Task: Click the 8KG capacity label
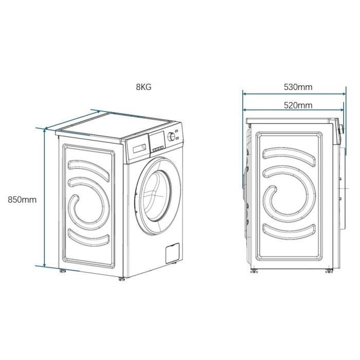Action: pyautogui.click(x=144, y=87)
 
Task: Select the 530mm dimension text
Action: pyautogui.click(x=298, y=87)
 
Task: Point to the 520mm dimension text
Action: pyautogui.click(x=298, y=105)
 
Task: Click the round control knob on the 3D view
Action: pyautogui.click(x=171, y=138)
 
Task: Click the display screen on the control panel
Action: pyautogui.click(x=157, y=139)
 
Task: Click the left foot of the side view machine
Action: pyautogui.click(x=254, y=271)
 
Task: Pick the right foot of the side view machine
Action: pyautogui.click(x=328, y=271)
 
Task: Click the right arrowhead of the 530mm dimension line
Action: pyautogui.click(x=344, y=94)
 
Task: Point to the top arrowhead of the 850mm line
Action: pyautogui.click(x=45, y=130)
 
